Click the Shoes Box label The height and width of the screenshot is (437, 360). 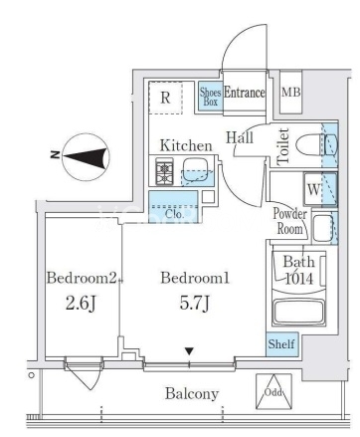tap(210, 97)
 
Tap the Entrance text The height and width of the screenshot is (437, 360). tap(245, 93)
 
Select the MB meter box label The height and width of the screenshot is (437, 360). tap(291, 92)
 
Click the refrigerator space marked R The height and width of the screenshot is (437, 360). tap(165, 98)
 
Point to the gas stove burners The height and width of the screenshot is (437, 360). tap(165, 171)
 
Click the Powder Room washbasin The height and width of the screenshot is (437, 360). tap(322, 228)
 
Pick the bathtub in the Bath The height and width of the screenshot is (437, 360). tap(298, 312)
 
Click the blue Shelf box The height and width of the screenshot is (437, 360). tap(282, 344)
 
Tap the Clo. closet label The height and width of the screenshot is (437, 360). tap(175, 214)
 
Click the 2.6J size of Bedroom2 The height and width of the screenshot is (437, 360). tap(81, 304)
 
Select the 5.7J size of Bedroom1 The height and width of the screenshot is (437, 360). tap(195, 304)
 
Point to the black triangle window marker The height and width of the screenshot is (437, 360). tap(189, 351)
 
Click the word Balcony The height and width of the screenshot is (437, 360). tap(192, 394)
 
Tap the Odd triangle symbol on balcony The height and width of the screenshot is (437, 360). tap(273, 391)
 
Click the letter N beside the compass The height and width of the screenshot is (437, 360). tap(55, 154)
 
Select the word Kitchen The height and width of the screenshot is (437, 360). tap(186, 145)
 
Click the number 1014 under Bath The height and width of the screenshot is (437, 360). tap(299, 279)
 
